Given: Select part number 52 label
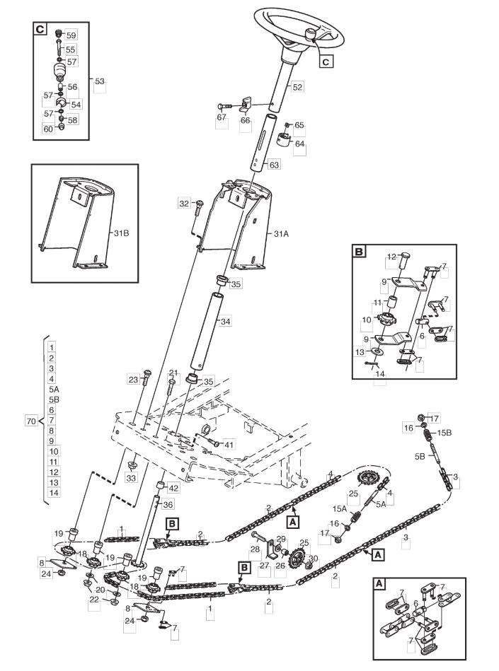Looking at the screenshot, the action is pos(297,87).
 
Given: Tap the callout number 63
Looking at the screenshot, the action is pos(274,164).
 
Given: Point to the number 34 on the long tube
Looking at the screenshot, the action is pos(225,321).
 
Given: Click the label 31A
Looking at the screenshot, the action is pos(281,234).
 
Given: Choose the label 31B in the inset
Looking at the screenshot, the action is pos(121,233).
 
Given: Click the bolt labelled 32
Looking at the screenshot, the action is pos(199,208).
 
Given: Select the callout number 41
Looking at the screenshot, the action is pos(229,445).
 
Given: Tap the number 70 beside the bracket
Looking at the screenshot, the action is pos(31,421).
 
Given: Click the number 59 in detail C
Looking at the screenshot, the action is pos(71,35).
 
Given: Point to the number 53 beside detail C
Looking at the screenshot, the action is pos(99,81).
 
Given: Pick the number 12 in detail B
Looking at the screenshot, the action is pos(391,257).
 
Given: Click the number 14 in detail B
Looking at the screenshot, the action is pos(380,374).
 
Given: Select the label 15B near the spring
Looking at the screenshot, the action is pos(444,433).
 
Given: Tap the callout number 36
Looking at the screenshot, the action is pos(168,505).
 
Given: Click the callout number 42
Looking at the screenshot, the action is pos(173,488).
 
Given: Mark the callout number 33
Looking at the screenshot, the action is pos(131,478).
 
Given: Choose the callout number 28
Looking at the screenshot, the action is pos(255,549).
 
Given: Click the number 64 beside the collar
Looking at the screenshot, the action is pos(299,144).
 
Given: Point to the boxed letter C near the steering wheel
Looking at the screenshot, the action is pos(326,62).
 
